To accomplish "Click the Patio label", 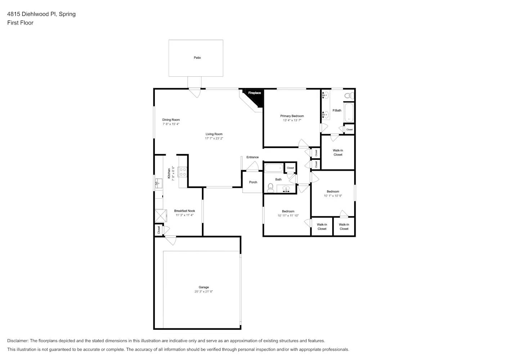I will [197, 58].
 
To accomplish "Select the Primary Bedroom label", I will [292, 116].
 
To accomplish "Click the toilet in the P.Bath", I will [348, 96].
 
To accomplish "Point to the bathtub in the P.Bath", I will [349, 112].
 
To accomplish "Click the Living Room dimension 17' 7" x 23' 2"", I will [214, 138].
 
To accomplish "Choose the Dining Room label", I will [171, 120].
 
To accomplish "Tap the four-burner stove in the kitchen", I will [183, 172].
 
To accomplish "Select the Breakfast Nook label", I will [184, 211].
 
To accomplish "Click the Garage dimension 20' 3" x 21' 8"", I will [203, 292].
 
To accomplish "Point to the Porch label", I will [253, 182].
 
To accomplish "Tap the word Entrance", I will [252, 157].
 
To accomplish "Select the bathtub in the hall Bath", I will [274, 168].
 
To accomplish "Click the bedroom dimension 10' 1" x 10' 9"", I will [333, 196].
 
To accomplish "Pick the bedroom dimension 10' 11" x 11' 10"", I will [288, 216].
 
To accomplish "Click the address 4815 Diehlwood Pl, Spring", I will [41, 14].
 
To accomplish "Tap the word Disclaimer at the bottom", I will [18, 341].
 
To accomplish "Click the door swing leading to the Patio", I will [195, 93].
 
